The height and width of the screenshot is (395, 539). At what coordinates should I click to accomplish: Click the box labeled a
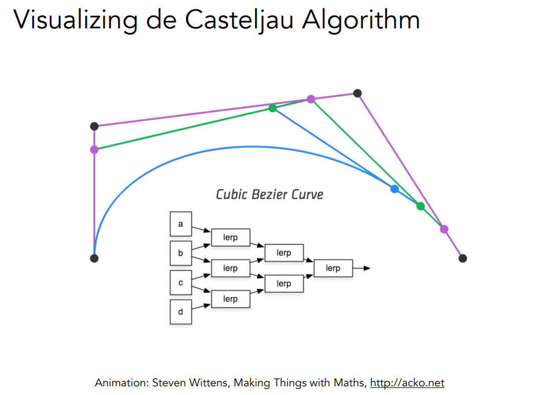click(180, 224)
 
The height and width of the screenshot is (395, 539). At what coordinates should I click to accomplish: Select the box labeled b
click(180, 253)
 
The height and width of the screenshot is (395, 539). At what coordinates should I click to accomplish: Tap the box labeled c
click(180, 282)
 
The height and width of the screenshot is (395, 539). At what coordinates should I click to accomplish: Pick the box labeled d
click(180, 312)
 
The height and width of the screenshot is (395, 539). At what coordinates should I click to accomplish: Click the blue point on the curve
click(394, 189)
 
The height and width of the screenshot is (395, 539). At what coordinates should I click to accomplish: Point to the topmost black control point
click(357, 93)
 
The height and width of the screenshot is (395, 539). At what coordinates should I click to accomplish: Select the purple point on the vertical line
click(94, 150)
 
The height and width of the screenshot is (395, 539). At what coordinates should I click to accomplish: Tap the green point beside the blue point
click(420, 206)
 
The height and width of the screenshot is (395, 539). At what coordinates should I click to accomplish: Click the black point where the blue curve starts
click(94, 258)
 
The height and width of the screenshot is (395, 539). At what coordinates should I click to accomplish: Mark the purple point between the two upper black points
click(311, 99)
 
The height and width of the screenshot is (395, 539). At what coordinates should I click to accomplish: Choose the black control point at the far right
click(462, 258)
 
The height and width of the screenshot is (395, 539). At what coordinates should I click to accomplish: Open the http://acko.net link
click(407, 383)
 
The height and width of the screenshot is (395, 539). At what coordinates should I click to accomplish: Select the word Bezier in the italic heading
click(270, 194)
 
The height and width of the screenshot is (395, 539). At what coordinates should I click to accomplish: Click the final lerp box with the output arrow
click(333, 268)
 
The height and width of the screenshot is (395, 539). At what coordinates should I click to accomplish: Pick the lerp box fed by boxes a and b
click(230, 238)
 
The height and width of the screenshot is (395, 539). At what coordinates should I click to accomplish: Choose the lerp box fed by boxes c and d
click(230, 299)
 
